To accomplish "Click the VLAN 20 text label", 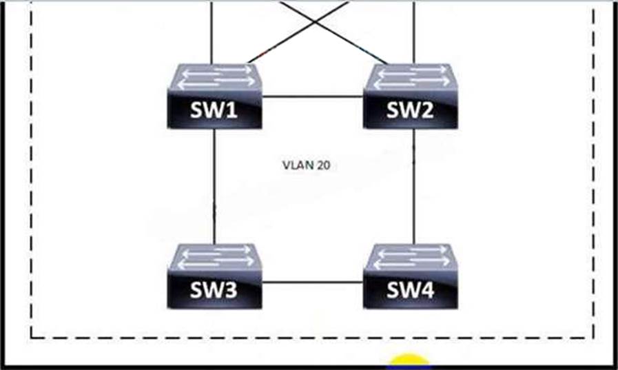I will click(x=307, y=165).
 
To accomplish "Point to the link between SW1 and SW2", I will click(x=313, y=96).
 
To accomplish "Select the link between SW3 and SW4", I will click(x=313, y=282).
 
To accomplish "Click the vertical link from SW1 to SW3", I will click(x=214, y=186).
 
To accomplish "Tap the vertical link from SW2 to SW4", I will click(x=413, y=186).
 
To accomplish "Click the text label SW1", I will click(x=214, y=111).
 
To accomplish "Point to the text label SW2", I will click(x=411, y=111).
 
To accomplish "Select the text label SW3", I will click(x=214, y=291).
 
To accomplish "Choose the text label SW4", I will click(x=411, y=291).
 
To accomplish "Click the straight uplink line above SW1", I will click(x=212, y=31).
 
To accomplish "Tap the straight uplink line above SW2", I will click(x=413, y=31).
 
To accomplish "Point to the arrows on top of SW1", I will click(x=216, y=75).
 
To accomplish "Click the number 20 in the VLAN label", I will click(x=323, y=165).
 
